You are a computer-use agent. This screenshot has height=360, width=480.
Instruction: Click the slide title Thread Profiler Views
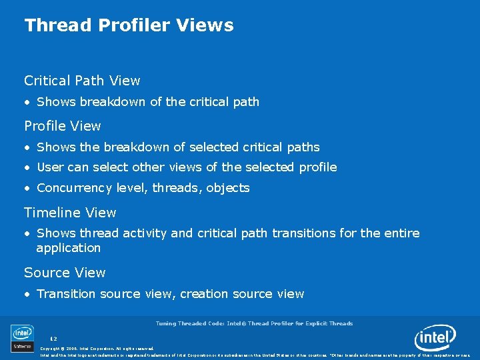click(129, 25)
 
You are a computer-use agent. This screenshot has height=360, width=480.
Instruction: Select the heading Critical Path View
click(82, 81)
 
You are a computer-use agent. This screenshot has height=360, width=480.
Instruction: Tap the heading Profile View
click(63, 126)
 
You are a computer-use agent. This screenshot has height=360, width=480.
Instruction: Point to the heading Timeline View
click(70, 213)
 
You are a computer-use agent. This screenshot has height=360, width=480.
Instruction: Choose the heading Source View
click(65, 273)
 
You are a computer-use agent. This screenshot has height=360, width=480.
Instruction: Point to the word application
click(68, 248)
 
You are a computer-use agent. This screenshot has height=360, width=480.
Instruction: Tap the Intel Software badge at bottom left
click(22, 338)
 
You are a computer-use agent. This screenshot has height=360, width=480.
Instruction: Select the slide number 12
click(53, 339)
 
